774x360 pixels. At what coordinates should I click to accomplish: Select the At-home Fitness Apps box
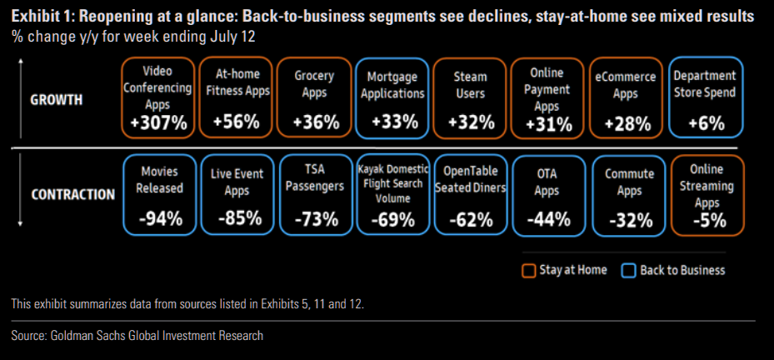click(237, 97)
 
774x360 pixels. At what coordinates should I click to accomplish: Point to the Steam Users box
click(471, 97)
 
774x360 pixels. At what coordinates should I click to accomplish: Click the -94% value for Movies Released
click(158, 219)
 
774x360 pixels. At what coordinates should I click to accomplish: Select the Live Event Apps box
click(237, 194)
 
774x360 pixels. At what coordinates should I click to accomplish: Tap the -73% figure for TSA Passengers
click(315, 219)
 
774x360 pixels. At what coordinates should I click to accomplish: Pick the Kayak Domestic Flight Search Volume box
click(393, 194)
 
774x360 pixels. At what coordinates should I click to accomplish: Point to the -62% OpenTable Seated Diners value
click(471, 219)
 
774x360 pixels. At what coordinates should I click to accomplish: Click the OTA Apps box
click(548, 194)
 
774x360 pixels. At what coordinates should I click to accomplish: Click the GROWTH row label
click(57, 100)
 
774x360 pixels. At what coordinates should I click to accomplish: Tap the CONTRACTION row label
click(72, 195)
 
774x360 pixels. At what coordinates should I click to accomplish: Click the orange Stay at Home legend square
click(527, 270)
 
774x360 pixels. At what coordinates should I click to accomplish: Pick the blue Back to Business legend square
click(628, 270)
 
